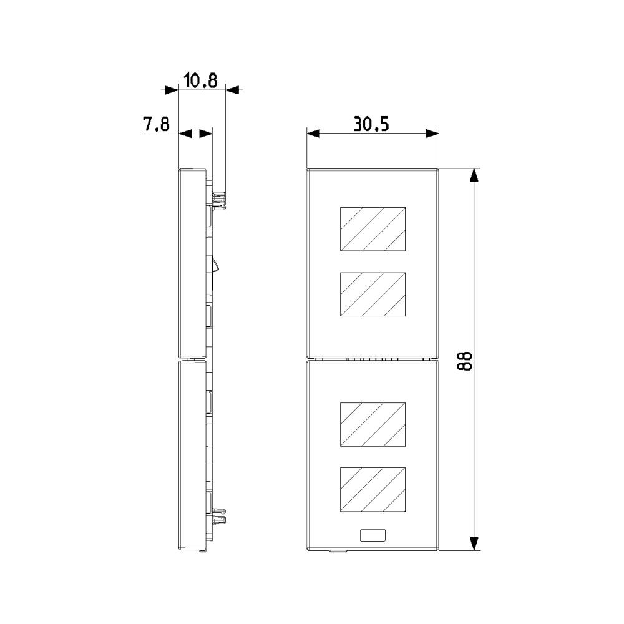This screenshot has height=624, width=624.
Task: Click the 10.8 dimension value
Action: point(200,80)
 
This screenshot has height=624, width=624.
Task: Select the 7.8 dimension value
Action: point(157,124)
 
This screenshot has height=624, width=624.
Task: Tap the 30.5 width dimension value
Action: point(371,125)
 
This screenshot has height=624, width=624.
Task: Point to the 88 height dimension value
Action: point(464,361)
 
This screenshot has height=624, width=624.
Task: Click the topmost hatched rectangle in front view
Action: point(373,229)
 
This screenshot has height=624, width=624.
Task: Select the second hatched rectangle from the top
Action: point(373,295)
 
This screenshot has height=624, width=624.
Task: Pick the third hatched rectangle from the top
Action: point(373,424)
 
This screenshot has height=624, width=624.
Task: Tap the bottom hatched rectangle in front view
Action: point(373,489)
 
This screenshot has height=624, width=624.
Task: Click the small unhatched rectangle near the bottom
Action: point(373,535)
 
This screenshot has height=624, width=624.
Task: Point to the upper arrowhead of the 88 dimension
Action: point(474,175)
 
